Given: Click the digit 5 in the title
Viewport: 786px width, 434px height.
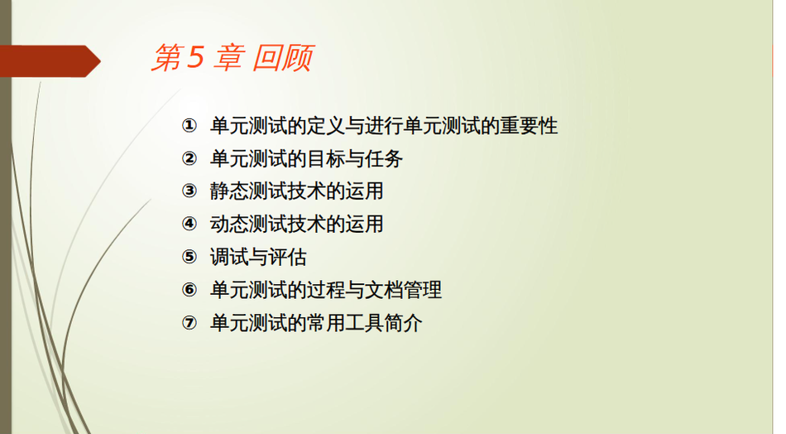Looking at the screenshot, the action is point(195,56).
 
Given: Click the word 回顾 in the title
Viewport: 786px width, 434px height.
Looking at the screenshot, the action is point(283,58).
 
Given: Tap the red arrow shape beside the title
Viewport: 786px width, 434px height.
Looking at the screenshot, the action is point(50,61).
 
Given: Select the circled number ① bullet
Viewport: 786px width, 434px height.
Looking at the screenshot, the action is point(189,125).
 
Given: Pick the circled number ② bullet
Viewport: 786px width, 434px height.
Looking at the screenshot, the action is point(189,158).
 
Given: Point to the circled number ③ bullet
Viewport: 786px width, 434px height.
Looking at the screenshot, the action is point(189,191).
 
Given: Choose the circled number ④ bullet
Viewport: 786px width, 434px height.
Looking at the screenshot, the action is point(189,224).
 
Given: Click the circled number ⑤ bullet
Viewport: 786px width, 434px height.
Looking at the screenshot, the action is point(189,257).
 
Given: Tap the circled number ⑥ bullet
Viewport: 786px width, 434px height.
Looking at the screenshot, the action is point(189,290).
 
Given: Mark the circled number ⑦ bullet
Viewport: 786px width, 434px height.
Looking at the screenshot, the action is point(189,323).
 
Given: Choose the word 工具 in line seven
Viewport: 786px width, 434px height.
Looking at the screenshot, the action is point(364,323).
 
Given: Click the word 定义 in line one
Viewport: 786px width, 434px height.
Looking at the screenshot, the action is point(326,125).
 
